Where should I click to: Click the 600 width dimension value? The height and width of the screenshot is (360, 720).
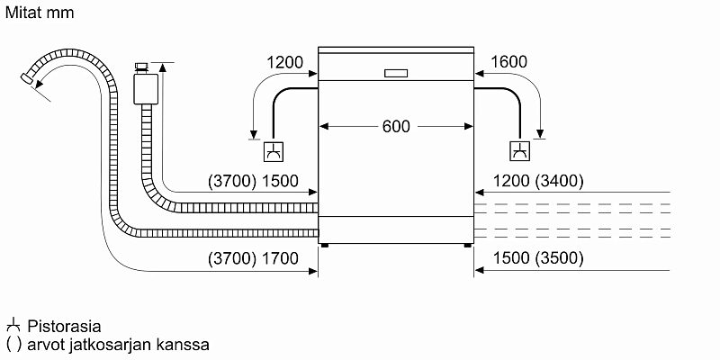(396, 127)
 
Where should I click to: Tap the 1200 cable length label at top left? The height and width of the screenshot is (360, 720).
(285, 62)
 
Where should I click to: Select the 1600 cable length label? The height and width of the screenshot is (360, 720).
(510, 62)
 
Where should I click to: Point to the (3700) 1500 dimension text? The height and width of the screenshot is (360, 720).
(252, 181)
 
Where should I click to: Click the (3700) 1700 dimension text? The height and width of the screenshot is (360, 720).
(252, 258)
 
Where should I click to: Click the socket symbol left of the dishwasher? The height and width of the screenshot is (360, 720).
(274, 153)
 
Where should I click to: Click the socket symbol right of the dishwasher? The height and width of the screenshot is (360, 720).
(521, 153)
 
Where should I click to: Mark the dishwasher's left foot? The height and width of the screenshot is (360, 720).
(326, 244)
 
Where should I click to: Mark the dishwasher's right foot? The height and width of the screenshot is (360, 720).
(467, 244)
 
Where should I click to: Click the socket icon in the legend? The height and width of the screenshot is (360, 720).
(13, 325)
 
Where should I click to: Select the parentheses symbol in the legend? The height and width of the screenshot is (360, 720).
(13, 344)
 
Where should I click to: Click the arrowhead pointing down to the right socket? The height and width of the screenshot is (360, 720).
(540, 135)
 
